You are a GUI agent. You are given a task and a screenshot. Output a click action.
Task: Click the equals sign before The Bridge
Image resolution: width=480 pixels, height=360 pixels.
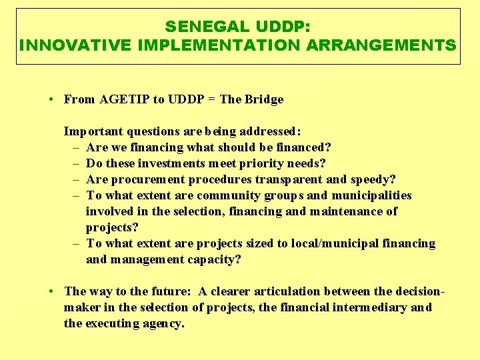pos(210,99)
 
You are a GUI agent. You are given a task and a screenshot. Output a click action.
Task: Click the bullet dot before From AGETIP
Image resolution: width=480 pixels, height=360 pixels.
pos(51,99)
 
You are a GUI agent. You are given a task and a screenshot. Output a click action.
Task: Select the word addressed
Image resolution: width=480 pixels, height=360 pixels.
pos(271,131)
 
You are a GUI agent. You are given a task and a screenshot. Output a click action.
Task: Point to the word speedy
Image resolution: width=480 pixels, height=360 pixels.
pos(372,179)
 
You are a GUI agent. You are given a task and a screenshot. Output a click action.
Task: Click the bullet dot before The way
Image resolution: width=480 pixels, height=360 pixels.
pos(51,291)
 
